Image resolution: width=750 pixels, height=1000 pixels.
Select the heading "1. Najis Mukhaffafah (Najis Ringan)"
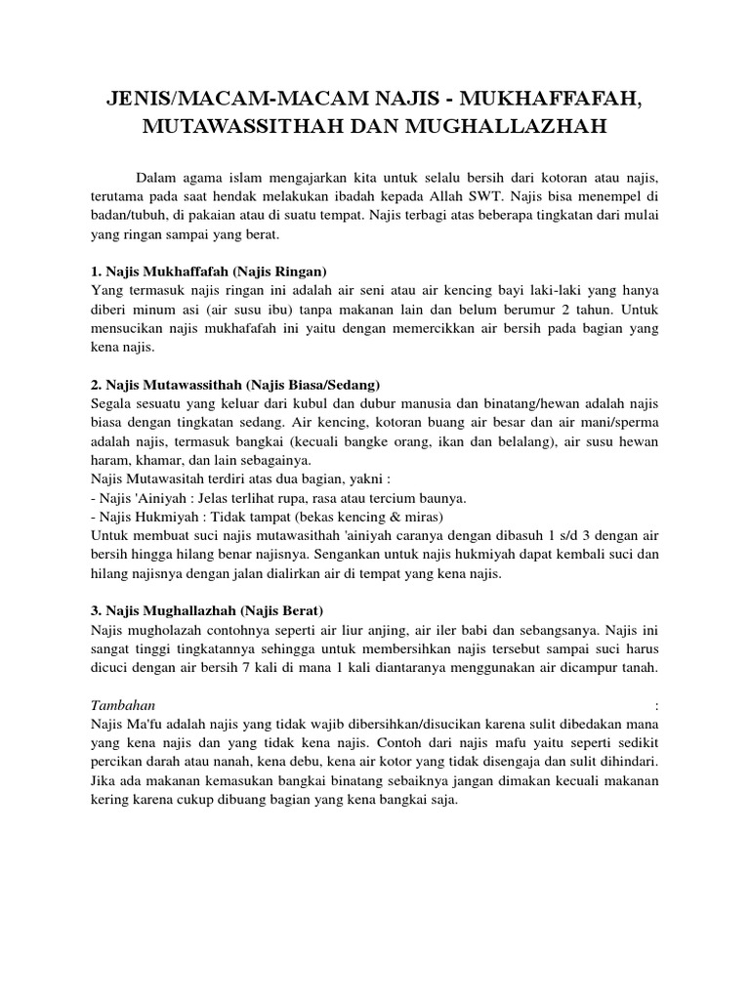point(208,270)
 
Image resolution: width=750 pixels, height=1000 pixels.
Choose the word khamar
point(153,460)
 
